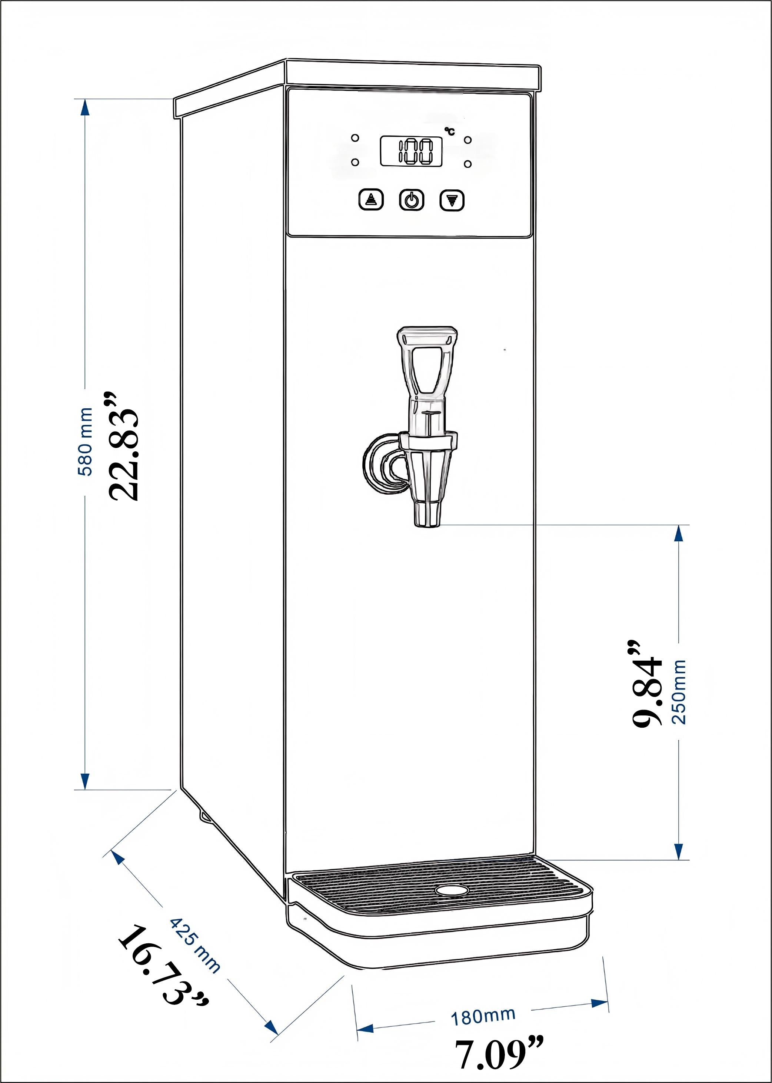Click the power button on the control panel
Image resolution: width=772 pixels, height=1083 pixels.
pos(411,200)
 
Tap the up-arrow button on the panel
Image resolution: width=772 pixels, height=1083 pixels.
pos(371,200)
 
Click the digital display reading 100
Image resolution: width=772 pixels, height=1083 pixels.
pos(411,152)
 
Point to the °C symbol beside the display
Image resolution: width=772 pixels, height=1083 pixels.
pos(449,131)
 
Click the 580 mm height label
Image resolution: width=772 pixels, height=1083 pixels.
pos(86,441)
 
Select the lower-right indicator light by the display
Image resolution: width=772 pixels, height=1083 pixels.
pos(468,164)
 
